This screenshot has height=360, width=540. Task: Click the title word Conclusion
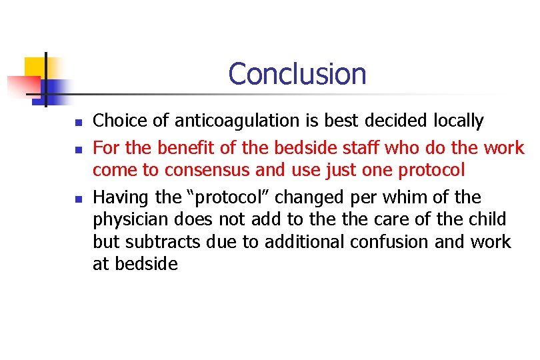point(297,74)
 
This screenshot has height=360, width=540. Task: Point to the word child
point(489,219)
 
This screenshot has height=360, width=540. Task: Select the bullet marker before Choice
point(78,123)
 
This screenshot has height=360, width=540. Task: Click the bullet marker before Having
point(78,199)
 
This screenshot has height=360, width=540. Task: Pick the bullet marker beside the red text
point(78,147)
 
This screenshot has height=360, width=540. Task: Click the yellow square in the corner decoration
point(35,67)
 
